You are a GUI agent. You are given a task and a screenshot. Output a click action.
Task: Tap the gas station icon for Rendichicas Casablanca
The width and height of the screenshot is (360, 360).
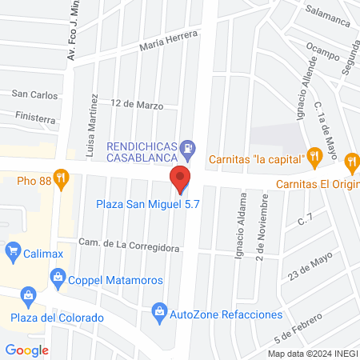tap(187, 146)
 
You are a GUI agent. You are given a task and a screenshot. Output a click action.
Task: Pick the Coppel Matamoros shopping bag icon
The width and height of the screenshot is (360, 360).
tap(58, 278)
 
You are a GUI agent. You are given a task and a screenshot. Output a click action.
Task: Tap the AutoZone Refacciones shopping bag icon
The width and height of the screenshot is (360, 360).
tap(159, 310)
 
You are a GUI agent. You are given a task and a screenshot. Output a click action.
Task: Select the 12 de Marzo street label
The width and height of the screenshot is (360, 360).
tap(137, 105)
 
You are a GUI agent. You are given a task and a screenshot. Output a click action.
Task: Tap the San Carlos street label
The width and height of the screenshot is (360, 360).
tap(34, 94)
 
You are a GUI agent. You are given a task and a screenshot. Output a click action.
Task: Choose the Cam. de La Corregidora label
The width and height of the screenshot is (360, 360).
tap(128, 246)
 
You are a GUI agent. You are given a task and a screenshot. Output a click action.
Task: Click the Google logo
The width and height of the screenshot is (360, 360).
tap(26, 350)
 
